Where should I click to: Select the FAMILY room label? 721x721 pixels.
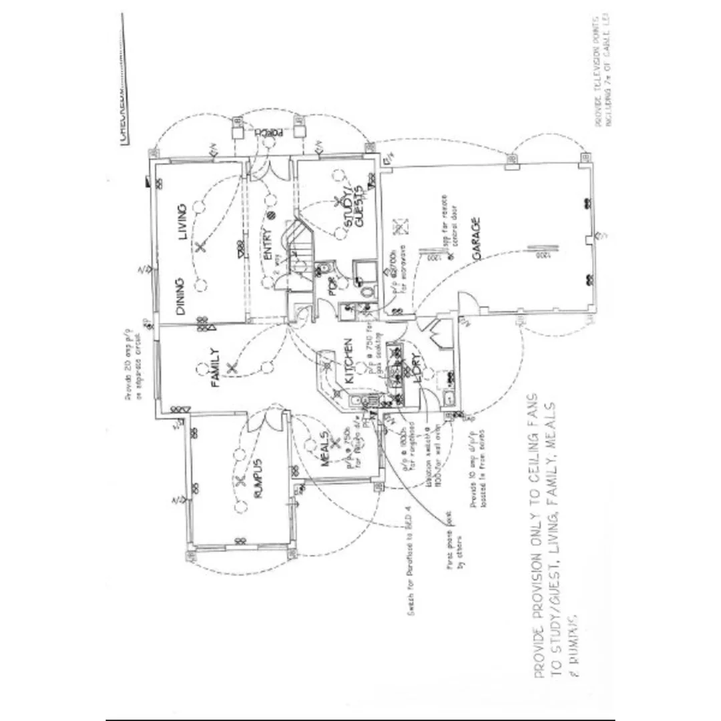click(x=215, y=367)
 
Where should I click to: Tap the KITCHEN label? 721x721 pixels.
click(x=348, y=360)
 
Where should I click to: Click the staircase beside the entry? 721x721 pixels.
click(x=298, y=250)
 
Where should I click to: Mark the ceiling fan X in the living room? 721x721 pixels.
click(x=200, y=247)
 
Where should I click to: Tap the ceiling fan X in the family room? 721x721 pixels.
click(x=231, y=367)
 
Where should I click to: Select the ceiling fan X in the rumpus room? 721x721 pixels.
click(x=238, y=482)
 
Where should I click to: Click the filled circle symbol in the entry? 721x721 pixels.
click(x=272, y=215)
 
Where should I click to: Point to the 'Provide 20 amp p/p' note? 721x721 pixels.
click(x=134, y=364)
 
